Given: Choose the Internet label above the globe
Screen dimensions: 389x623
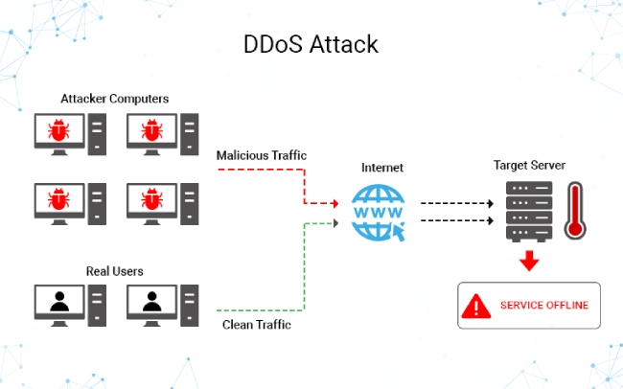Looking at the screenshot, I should coord(381,167).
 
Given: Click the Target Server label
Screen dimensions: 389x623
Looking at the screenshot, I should coord(529,165).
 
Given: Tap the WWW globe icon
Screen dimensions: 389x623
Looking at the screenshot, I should coord(380,212).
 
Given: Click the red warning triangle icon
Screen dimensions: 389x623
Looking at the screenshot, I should coord(476,307).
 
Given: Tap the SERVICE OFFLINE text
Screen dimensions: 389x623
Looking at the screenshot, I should coord(543,307).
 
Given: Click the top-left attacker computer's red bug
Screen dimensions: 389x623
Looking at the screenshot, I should coord(59,128).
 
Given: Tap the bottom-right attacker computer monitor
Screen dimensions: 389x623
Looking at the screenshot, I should coord(152,198).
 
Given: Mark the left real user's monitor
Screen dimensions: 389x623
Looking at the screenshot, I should coord(59,301).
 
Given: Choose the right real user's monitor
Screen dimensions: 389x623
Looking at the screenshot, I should coord(152,301).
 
